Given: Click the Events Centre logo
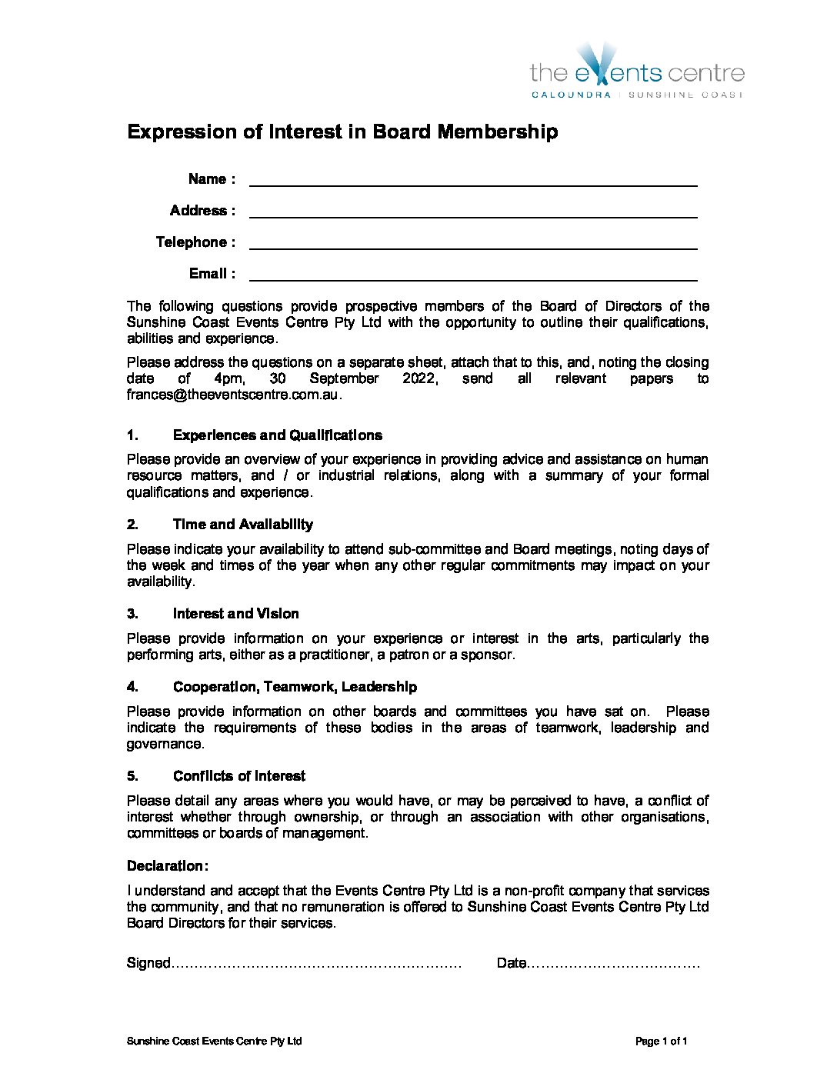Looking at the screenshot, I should [637, 72].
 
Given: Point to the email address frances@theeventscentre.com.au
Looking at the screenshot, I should [232, 395].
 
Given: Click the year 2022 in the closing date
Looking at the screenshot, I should [419, 378].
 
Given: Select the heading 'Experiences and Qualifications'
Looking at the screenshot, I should [277, 435].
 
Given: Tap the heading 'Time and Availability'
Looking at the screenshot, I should [242, 525].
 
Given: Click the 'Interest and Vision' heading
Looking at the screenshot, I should [235, 614].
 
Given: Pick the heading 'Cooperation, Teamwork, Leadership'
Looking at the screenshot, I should [295, 687].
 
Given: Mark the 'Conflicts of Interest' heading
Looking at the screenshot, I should [238, 776].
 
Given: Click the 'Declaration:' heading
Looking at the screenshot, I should [167, 866].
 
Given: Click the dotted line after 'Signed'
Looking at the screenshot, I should [316, 965].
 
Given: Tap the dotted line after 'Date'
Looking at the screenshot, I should [613, 965].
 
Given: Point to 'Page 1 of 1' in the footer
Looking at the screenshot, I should [661, 1041].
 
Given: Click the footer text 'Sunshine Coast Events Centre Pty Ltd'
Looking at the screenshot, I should [214, 1041].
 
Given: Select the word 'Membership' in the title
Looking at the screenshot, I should [497, 132].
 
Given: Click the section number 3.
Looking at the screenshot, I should [132, 614].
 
